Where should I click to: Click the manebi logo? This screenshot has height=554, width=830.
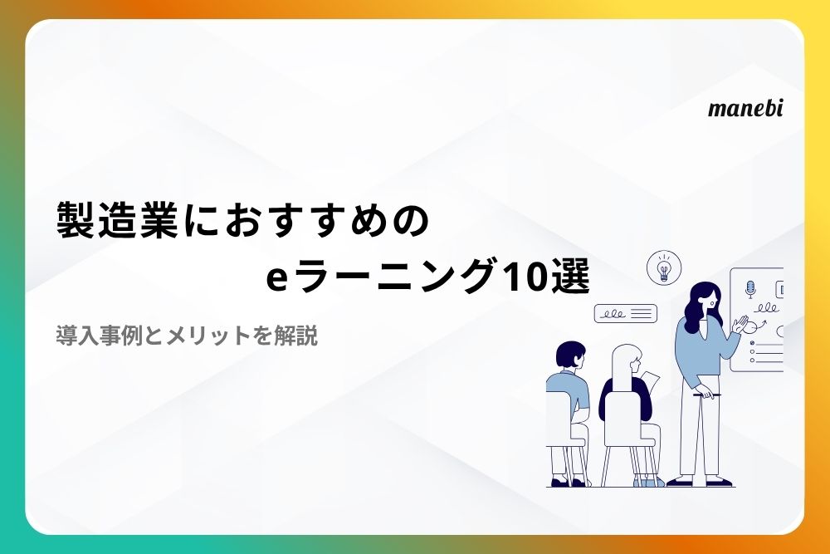(745, 108)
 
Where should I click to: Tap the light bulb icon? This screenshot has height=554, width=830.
(664, 268)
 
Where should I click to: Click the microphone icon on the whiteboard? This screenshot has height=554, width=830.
(749, 289)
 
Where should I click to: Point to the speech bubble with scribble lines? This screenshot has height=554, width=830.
(626, 313)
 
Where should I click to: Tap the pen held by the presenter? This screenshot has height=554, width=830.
(707, 395)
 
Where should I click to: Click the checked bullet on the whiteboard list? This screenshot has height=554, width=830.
(752, 343)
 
